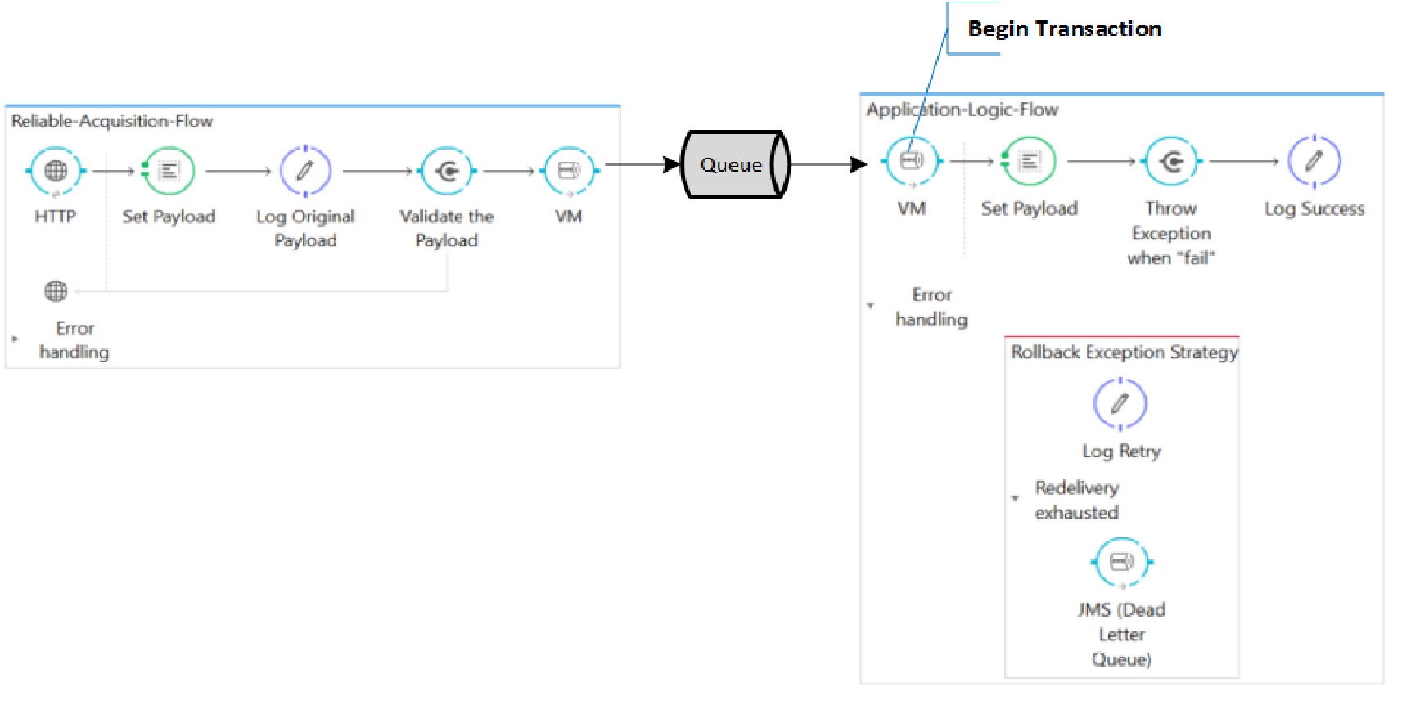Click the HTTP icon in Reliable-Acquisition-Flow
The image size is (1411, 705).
click(56, 171)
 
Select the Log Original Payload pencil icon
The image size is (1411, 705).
click(305, 171)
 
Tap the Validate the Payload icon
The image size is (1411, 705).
click(447, 171)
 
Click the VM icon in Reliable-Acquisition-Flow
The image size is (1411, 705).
click(569, 171)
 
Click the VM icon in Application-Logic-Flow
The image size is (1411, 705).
click(912, 161)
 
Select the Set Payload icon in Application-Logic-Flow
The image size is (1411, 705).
click(1029, 161)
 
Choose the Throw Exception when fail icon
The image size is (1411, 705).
click(1171, 161)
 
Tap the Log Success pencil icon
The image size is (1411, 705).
click(1314, 161)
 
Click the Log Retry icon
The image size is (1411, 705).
click(1120, 403)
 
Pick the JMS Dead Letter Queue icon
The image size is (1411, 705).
click(1121, 562)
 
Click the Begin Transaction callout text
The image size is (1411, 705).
click(1064, 29)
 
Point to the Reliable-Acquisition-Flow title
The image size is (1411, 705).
click(112, 121)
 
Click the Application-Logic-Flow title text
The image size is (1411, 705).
click(962, 110)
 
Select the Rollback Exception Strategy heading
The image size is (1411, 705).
click(1124, 352)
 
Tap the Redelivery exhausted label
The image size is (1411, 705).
click(1076, 500)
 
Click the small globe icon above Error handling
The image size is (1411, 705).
click(56, 290)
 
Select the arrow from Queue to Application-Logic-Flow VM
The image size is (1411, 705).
click(827, 164)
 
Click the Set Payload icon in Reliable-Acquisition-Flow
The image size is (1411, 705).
click(169, 171)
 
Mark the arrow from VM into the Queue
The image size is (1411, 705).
click(642, 164)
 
